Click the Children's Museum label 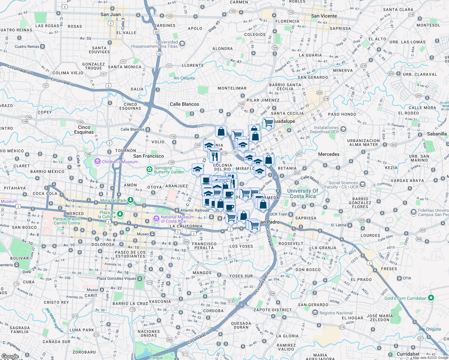(x=120, y=162)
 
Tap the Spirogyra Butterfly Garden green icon (x=149, y=170)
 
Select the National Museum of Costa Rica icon (x=156, y=219)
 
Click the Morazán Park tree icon (x=130, y=200)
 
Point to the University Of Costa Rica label (x=303, y=193)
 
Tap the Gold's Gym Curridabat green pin (x=431, y=298)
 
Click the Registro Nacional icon (x=315, y=313)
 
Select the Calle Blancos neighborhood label (x=184, y=104)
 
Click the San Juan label (x=110, y=14)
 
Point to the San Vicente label (x=324, y=16)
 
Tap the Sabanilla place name (x=437, y=134)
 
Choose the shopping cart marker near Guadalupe (x=268, y=122)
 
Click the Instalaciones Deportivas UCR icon (x=343, y=129)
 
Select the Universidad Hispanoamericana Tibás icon (x=182, y=44)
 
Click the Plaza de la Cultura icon (x=120, y=214)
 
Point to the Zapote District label (x=273, y=310)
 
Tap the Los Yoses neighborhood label (x=241, y=246)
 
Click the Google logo (x=10, y=356)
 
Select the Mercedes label (x=329, y=154)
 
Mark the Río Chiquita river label (x=184, y=78)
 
